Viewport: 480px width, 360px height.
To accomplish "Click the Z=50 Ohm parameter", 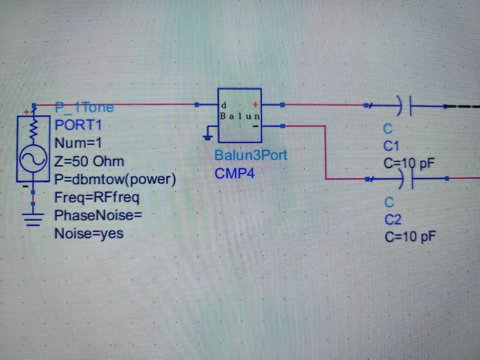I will point(89,161).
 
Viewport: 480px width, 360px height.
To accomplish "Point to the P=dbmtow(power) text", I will point(115,179).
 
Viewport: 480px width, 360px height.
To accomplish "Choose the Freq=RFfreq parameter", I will point(96,197).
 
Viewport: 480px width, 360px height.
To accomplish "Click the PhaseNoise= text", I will point(98,216).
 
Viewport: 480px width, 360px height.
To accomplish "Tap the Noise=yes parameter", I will point(89,233).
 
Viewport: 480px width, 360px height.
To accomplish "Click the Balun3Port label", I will point(251,155).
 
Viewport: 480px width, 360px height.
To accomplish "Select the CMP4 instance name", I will point(235,173).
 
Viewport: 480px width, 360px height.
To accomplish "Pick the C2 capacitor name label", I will point(393,220).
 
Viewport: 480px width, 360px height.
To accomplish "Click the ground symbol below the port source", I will point(32,218).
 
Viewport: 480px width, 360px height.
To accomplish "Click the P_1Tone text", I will point(84,107).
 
